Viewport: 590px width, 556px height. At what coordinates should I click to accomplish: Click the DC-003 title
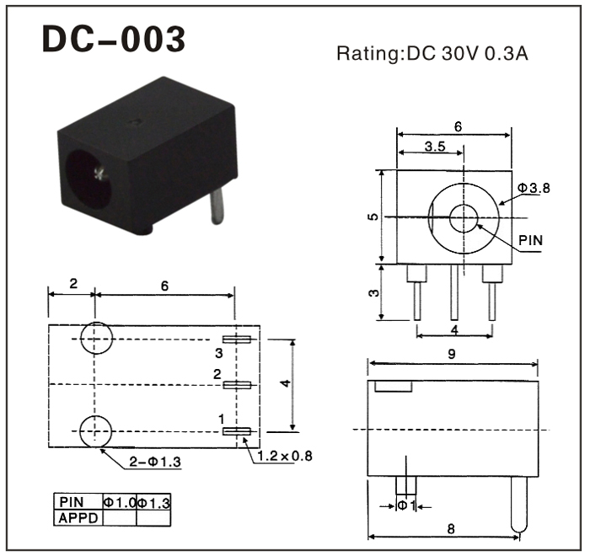pos(114,39)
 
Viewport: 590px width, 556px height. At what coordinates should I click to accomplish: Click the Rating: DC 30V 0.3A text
pos(432,53)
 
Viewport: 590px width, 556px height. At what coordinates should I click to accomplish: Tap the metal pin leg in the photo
pos(217,206)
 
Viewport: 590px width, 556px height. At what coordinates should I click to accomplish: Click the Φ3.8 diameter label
pos(534,188)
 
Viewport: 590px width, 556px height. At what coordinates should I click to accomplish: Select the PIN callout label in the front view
pos(530,240)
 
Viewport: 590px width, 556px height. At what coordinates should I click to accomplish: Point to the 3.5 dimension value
pos(435,147)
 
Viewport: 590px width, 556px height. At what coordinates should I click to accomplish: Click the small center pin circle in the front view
pos(464,218)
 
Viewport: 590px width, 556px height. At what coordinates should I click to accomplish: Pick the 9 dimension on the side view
pos(452,354)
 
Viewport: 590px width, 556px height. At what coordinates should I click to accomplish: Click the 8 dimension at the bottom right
pos(451,529)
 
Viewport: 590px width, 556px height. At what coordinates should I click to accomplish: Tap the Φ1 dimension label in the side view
pos(406,505)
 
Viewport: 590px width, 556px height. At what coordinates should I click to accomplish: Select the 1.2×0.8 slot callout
pos(285,456)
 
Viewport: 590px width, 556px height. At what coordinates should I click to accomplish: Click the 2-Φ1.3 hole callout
pos(155,462)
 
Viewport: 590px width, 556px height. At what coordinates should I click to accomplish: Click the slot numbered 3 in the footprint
pos(237,339)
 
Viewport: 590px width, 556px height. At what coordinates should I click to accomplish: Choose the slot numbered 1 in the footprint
pos(237,431)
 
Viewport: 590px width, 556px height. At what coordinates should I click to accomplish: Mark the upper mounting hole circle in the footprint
pos(96,338)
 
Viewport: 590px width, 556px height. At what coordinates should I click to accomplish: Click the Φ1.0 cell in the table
pos(120,503)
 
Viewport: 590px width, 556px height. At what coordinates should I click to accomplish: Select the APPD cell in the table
pos(78,518)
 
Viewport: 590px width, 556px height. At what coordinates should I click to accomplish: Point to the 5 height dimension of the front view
pos(373,217)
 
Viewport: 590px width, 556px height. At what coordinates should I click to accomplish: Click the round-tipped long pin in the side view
pos(519,505)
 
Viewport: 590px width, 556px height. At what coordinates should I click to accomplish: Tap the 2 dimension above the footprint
pos(73,283)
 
